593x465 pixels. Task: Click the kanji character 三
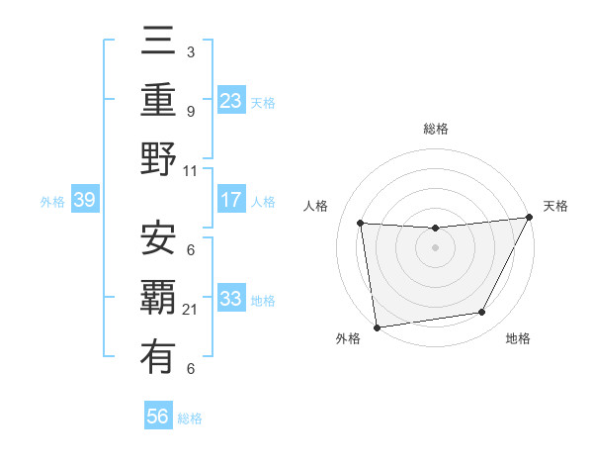click(158, 43)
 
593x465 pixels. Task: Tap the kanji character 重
click(158, 100)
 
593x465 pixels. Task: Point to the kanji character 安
click(158, 238)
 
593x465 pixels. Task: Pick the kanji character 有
click(158, 354)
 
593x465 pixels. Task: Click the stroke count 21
click(191, 310)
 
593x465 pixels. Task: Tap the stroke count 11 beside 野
click(191, 170)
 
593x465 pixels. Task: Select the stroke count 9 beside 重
click(191, 112)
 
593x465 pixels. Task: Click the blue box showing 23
click(231, 100)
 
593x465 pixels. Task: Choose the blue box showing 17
click(231, 200)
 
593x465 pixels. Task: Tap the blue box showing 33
click(231, 299)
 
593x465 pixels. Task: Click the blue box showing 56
click(158, 417)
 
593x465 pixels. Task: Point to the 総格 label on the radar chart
click(436, 129)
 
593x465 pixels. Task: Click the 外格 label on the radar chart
click(348, 338)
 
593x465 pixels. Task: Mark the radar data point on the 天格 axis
click(530, 218)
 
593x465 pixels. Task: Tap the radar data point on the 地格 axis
click(482, 313)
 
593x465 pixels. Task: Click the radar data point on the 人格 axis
click(361, 224)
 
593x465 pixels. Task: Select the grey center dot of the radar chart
click(436, 247)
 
